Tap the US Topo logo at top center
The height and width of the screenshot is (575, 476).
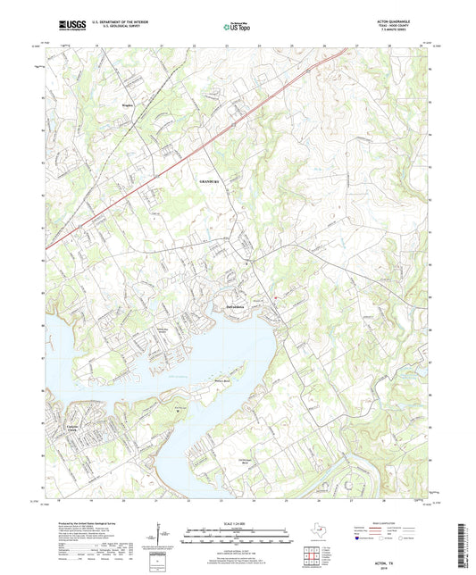237,28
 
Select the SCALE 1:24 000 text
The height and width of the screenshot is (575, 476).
238,522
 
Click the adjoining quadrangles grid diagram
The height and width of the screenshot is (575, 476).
313,555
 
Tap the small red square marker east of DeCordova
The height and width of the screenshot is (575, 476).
276,297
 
